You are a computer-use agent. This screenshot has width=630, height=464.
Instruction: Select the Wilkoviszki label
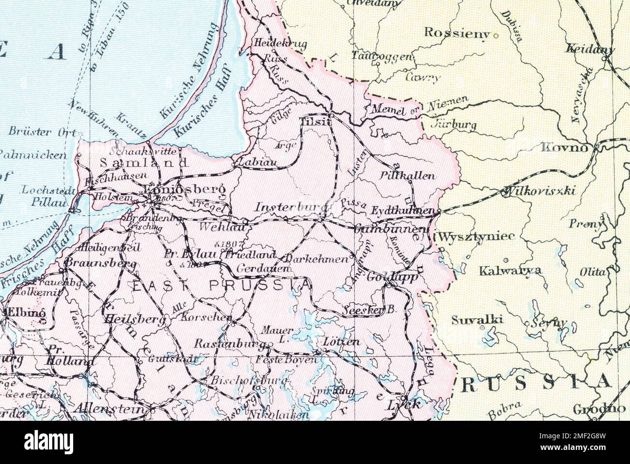point(539,191)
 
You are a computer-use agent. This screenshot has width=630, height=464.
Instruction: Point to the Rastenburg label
point(230,344)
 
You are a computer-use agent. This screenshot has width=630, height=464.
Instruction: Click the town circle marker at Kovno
point(597,146)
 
